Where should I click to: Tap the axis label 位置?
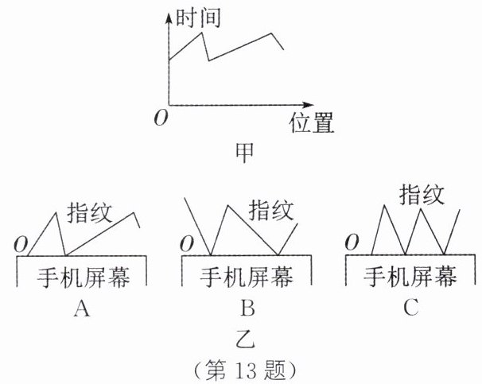tap(310, 122)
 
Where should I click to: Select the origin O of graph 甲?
tap(161, 118)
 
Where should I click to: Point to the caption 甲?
tap(245, 151)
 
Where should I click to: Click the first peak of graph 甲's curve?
tap(202, 32)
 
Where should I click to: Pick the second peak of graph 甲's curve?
tap(272, 33)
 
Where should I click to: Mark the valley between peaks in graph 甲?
tap(208, 60)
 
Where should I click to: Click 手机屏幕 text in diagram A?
tap(84, 276)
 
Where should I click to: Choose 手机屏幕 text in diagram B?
tap(246, 276)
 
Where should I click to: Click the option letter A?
tap(80, 308)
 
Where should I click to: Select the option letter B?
tap(244, 308)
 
